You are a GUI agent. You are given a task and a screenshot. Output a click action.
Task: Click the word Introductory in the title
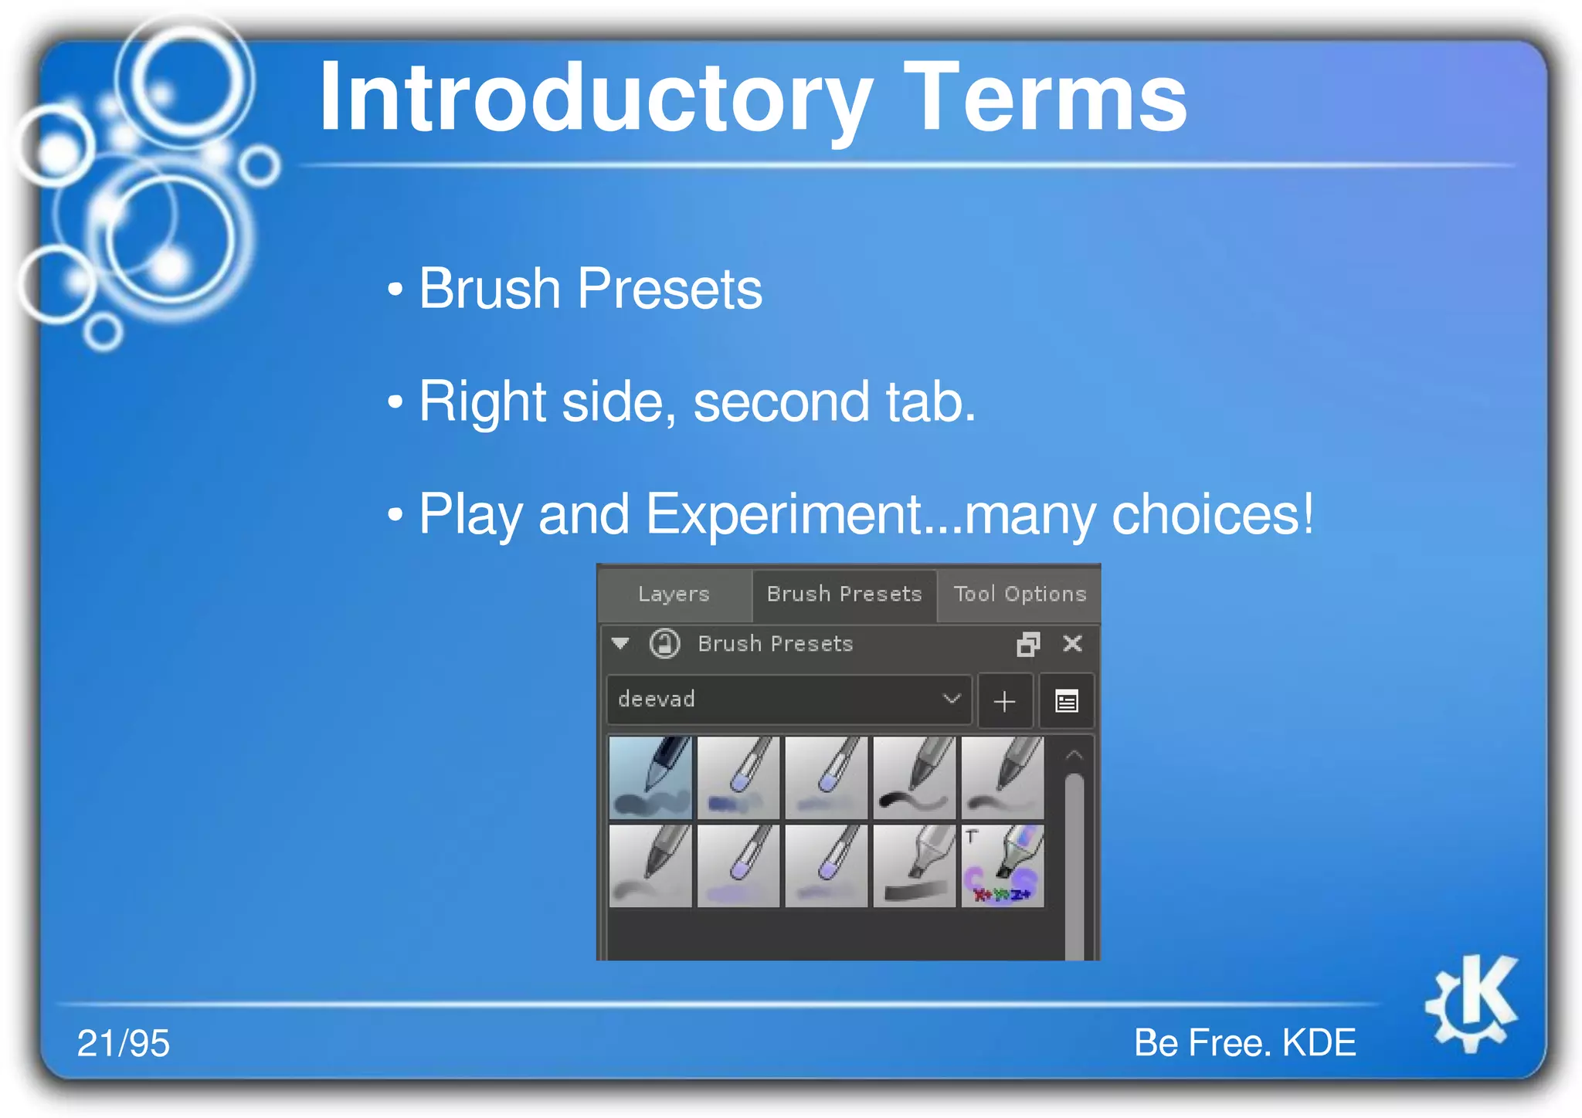point(595,99)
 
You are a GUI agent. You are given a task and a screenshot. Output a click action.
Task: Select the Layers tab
point(674,594)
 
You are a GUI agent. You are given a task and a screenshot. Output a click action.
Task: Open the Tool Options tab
point(1019,594)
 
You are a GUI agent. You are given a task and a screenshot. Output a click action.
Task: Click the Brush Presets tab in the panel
point(844,594)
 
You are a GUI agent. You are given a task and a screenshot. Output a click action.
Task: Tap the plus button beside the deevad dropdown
point(1004,701)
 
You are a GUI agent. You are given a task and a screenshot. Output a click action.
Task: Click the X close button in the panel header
point(1072,643)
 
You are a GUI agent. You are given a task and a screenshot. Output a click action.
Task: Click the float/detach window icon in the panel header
point(1028,643)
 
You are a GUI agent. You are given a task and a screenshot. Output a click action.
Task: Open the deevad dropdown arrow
point(952,699)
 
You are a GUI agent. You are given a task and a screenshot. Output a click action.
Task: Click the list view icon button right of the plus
point(1066,701)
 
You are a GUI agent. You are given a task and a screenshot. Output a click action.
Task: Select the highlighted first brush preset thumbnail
point(650,778)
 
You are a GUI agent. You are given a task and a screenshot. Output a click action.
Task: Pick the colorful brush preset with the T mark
point(1002,866)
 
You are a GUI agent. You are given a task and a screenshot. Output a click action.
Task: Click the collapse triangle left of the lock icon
point(620,642)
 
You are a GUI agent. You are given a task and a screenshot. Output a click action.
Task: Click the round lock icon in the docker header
point(664,643)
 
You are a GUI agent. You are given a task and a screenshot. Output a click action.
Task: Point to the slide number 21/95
point(123,1043)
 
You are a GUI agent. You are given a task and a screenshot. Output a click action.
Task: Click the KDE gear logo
point(1472,1003)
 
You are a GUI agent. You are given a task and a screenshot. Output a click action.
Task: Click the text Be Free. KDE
point(1244,1042)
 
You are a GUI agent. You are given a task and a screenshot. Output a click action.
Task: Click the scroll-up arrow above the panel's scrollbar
point(1074,755)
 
